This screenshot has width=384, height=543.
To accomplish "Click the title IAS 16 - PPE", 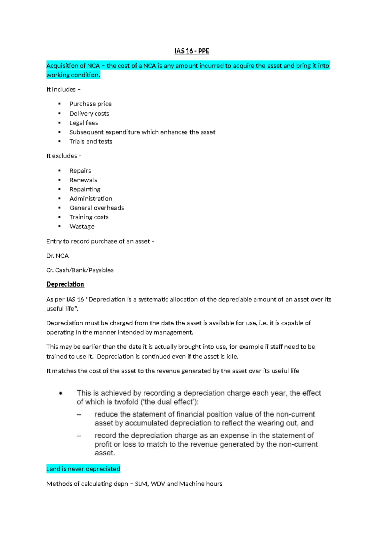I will pyautogui.click(x=192, y=51).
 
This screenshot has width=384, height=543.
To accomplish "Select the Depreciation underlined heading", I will pyautogui.click(x=65, y=284).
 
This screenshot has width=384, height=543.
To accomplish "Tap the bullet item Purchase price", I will pyautogui.click(x=91, y=104).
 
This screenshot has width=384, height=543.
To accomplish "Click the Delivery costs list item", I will pyautogui.click(x=89, y=113).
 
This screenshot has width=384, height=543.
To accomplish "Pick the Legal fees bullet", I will pyautogui.click(x=84, y=123).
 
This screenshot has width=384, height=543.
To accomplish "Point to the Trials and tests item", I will pyautogui.click(x=91, y=142).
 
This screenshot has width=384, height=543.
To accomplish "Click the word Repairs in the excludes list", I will pyautogui.click(x=80, y=171).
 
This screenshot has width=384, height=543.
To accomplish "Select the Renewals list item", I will pyautogui.click(x=83, y=180).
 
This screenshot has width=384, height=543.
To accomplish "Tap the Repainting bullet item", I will pyautogui.click(x=85, y=189).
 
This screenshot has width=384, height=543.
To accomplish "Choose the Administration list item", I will pyautogui.click(x=91, y=199).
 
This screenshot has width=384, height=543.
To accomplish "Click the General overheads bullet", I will pyautogui.click(x=97, y=208).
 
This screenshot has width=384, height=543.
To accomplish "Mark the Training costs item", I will pyautogui.click(x=89, y=217).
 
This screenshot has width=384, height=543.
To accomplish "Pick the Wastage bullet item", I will pyautogui.click(x=82, y=226).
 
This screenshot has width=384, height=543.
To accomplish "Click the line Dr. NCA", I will pyautogui.click(x=58, y=256).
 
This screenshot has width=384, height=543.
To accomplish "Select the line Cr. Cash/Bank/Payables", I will pyautogui.click(x=80, y=270).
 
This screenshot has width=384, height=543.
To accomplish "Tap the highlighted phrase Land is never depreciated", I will pyautogui.click(x=83, y=469).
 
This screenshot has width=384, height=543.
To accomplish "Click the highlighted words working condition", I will pyautogui.click(x=73, y=75).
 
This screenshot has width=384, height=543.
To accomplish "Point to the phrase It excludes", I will pyautogui.click(x=62, y=156).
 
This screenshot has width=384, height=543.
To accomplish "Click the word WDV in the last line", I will pyautogui.click(x=158, y=484).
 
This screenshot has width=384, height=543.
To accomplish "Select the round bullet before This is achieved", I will pyautogui.click(x=61, y=393).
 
